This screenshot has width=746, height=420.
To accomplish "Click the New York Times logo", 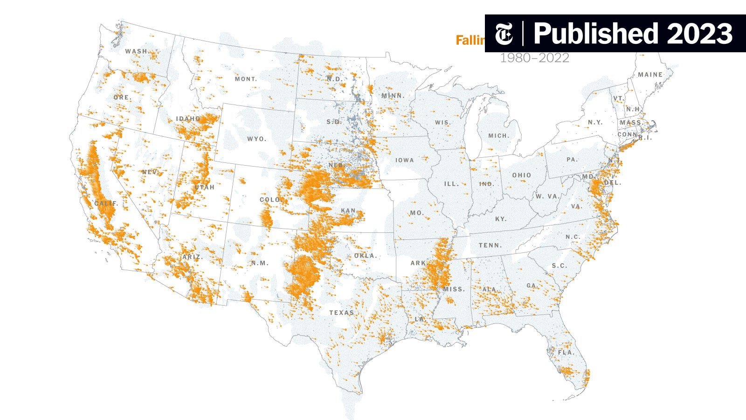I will pos(504,34).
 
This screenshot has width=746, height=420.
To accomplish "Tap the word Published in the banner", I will pos(595,34).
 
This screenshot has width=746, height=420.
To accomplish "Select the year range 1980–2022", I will pos(534,58).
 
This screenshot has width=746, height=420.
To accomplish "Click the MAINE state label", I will pos(650,75).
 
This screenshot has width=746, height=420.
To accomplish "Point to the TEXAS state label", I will pos(342,313).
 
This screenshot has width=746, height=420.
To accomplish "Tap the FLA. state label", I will pos(566,352).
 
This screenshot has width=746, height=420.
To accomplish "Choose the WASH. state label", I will pos(137,51).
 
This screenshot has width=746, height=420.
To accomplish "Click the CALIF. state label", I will pos(106,204).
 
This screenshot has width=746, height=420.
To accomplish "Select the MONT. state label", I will pos(246,79).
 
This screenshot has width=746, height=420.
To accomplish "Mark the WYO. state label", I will pos(256,139).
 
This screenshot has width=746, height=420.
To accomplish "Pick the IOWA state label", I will pos(404,160).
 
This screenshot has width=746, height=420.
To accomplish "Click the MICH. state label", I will pos(499,136).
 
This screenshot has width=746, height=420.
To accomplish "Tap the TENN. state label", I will pos(490,245).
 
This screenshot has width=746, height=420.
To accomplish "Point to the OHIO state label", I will pos(521,175).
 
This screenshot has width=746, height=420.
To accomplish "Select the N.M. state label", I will pos(260,263).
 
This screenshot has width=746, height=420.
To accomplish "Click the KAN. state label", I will pos(348,211).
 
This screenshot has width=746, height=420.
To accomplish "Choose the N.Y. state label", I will pos(595,122).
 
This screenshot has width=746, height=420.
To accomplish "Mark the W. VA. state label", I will pos(547,196).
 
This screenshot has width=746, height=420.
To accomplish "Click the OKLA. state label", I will pos(365,256).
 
